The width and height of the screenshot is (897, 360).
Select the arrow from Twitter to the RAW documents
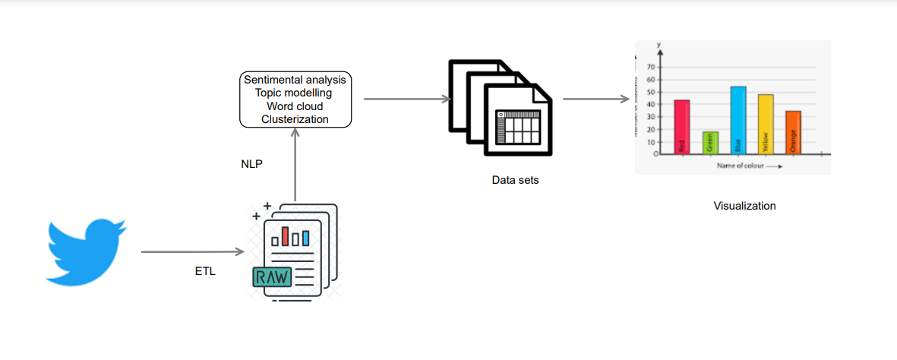click(x=191, y=251)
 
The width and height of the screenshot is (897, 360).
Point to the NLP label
click(x=251, y=163)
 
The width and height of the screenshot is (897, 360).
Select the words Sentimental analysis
click(x=295, y=80)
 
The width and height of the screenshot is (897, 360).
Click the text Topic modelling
click(x=295, y=93)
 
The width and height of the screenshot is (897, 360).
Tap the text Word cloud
click(x=295, y=106)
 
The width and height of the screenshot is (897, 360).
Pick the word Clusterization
click(x=295, y=119)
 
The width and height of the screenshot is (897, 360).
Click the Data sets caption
click(x=515, y=181)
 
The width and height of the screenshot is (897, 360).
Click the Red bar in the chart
click(x=681, y=127)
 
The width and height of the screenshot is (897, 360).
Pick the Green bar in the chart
click(x=709, y=143)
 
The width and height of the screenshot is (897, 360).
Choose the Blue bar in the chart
click(x=737, y=120)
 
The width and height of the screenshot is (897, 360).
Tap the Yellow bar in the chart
click(x=766, y=124)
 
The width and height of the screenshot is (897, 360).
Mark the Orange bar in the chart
click(x=793, y=132)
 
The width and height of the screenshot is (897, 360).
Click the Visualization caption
click(x=744, y=206)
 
